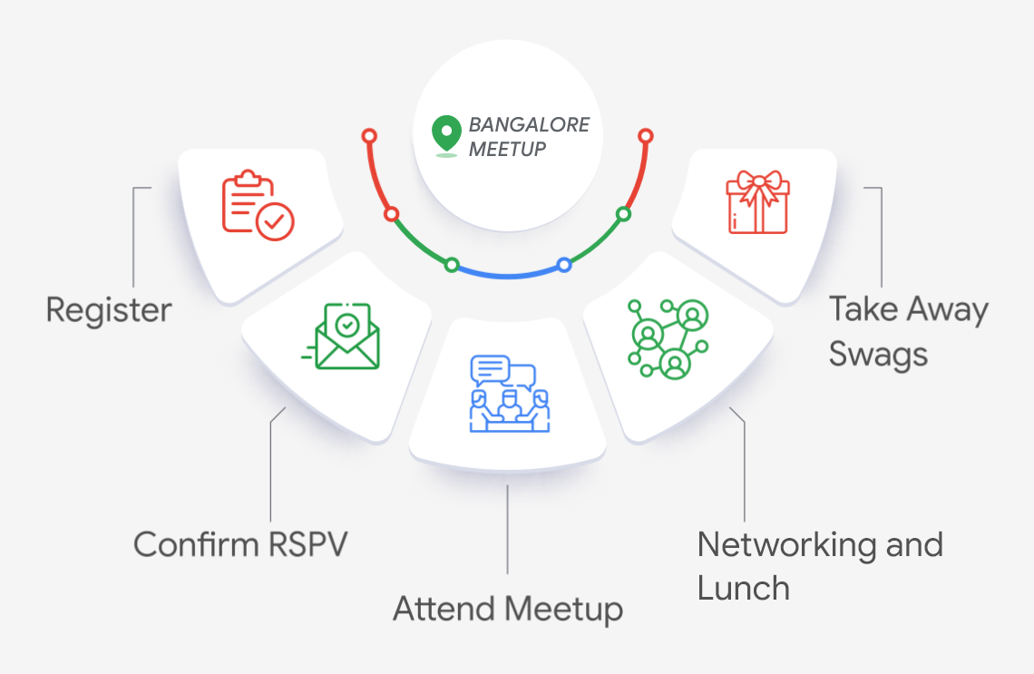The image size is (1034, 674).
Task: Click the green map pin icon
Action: [445, 134]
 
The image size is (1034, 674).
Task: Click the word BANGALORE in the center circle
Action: [529, 124]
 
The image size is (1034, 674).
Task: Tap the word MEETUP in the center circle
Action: [507, 149]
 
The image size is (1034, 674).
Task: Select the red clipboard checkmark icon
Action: [258, 206]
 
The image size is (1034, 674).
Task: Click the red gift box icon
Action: [757, 202]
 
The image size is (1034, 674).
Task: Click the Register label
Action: [109, 310]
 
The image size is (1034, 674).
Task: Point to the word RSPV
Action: [308, 544]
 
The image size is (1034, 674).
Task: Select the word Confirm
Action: [195, 544]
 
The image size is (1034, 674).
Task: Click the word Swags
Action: [878, 353]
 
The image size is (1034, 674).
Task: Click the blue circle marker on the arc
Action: [564, 265]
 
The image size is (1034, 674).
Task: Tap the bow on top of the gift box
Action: [757, 180]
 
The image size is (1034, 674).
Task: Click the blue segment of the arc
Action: [508, 274]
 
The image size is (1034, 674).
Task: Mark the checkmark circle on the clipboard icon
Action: [275, 220]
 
